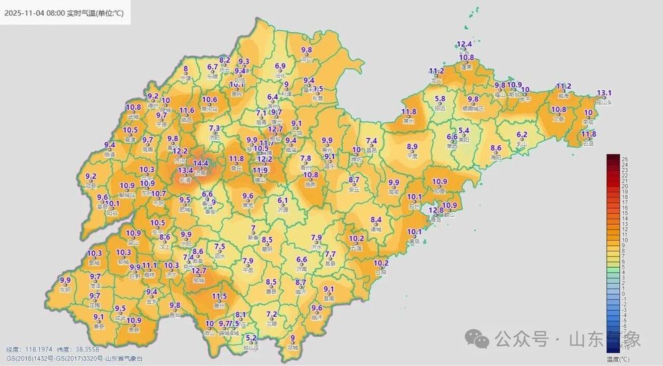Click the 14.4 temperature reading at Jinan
(x=201, y=163)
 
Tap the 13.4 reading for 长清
(x=186, y=171)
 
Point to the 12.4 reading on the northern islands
(x=465, y=44)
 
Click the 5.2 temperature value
(x=251, y=337)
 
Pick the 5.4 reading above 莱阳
(x=463, y=131)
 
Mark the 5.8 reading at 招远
(x=440, y=99)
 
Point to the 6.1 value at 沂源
(x=283, y=200)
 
